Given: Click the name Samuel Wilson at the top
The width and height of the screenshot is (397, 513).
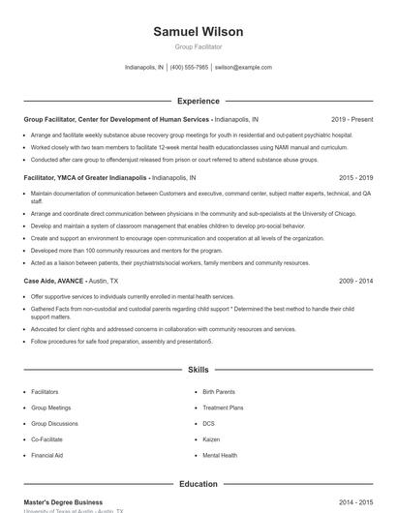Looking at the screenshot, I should click(x=198, y=32).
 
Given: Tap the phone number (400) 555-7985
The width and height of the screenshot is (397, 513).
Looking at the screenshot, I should click(x=189, y=68).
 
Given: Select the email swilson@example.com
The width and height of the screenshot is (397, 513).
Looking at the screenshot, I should click(x=243, y=68).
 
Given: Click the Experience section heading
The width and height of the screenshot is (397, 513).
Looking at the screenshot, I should click(x=198, y=101).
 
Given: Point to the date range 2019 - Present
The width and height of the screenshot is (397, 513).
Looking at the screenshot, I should click(x=351, y=119).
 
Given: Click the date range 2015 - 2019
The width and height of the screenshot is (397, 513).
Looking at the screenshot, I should click(x=356, y=178).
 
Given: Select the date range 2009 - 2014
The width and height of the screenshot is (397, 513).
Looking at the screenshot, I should click(x=356, y=281).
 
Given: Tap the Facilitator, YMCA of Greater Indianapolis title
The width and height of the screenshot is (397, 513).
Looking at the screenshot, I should click(x=85, y=178).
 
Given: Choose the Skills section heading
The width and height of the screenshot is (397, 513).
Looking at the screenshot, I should click(x=198, y=370).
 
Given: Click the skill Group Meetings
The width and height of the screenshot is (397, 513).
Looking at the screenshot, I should click(x=51, y=407).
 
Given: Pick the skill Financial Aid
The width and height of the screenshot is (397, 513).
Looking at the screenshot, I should click(x=47, y=454).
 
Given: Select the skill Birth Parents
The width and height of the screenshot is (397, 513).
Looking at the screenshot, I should click(x=219, y=392).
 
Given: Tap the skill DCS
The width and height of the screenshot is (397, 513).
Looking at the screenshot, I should click(x=208, y=423).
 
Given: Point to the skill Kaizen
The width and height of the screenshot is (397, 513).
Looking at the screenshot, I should click(x=211, y=438).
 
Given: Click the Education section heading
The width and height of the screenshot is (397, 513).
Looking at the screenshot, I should click(x=198, y=484).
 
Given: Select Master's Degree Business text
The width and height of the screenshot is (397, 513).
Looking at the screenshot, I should click(x=63, y=502).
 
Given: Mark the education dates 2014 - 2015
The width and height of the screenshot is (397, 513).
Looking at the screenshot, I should click(x=356, y=502).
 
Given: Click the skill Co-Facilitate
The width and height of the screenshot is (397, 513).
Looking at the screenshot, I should click(x=47, y=438).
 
